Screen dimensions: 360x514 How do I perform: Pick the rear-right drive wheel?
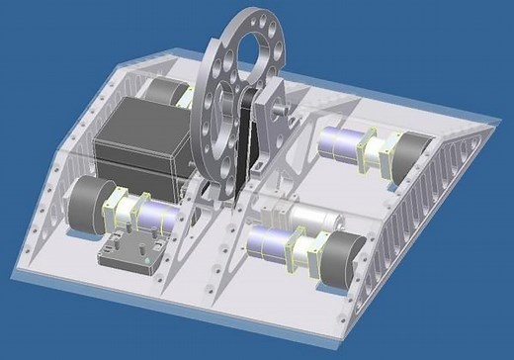point(411,156)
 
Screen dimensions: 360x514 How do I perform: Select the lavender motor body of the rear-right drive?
point(341,144)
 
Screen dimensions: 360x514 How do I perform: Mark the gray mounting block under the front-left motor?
point(133,252)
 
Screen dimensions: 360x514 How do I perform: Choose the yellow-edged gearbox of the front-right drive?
point(302,251)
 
